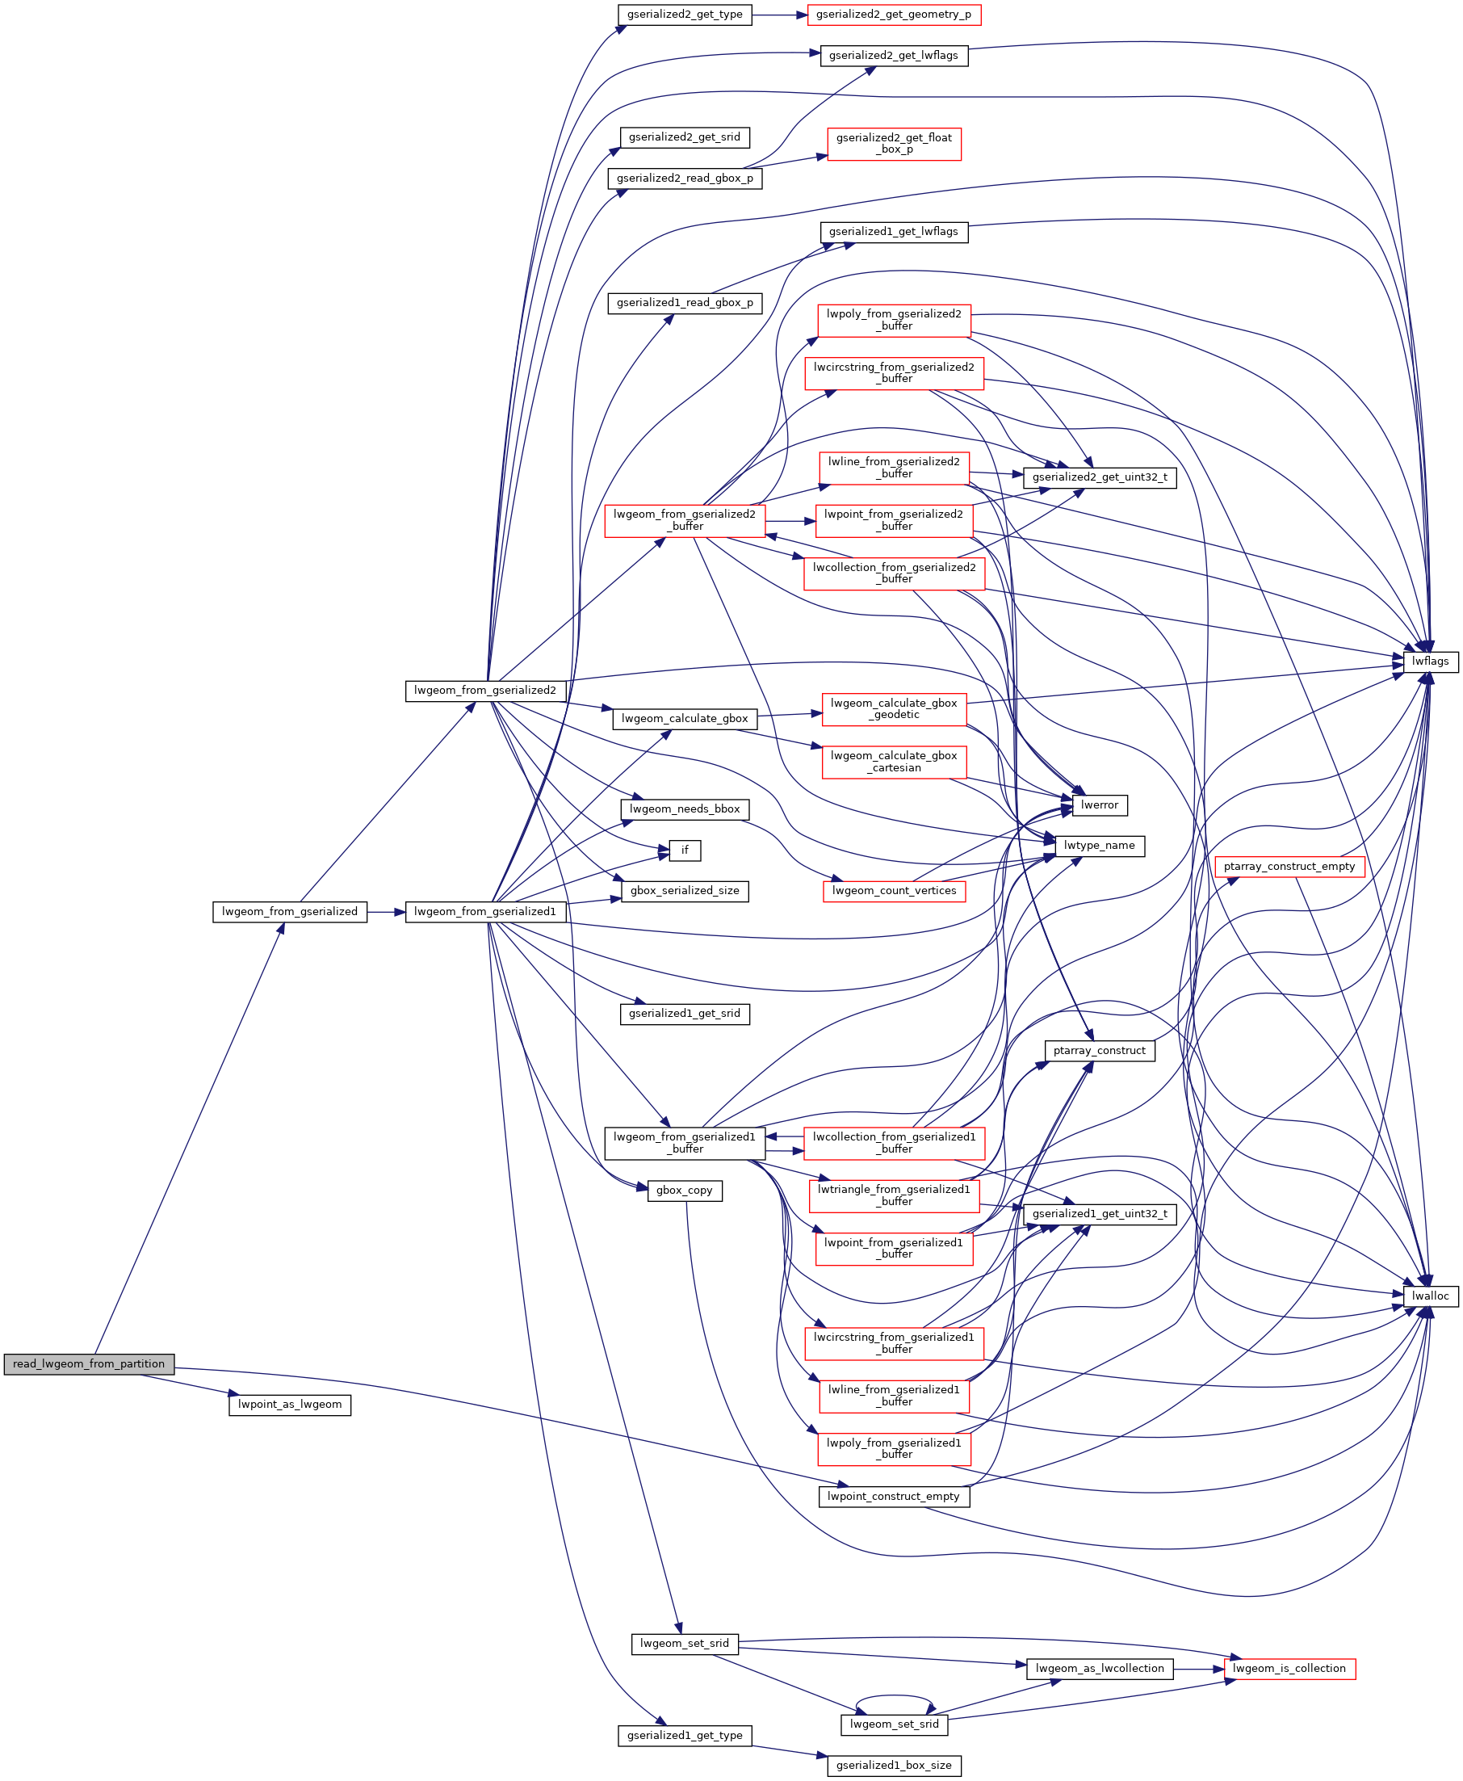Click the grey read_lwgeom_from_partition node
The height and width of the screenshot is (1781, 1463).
click(89, 1363)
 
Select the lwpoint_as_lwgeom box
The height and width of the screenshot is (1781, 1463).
click(289, 1405)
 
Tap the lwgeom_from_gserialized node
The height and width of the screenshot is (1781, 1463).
click(289, 911)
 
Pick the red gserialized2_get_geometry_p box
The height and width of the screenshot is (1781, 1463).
click(893, 15)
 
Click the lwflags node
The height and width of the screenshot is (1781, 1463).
click(1430, 662)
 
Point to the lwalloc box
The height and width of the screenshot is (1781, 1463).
click(1430, 1296)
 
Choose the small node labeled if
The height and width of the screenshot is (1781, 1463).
click(685, 850)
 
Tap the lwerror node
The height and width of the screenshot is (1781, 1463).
click(1099, 805)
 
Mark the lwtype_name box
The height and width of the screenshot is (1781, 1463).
click(1099, 846)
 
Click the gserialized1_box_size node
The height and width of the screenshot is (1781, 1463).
click(893, 1765)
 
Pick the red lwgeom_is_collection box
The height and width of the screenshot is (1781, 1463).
click(1289, 1668)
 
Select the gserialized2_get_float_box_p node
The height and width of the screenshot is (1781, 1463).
click(893, 143)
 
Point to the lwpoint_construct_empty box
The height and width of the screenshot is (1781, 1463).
click(893, 1496)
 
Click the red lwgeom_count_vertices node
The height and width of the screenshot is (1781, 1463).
click(893, 890)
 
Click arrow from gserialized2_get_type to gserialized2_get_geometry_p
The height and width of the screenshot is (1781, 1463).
click(778, 15)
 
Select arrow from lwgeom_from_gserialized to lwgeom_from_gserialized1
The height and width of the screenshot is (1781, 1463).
click(386, 911)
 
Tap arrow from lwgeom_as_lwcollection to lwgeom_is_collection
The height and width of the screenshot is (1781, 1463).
click(1197, 1668)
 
